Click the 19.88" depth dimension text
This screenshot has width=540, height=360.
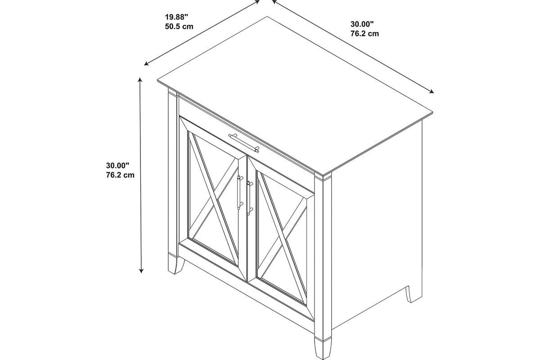click(x=176, y=17)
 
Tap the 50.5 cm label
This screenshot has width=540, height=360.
click(x=179, y=26)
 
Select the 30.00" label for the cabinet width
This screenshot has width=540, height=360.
click(x=362, y=24)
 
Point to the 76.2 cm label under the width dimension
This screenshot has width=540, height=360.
click(x=365, y=33)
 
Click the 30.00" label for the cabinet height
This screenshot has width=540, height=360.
click(x=117, y=166)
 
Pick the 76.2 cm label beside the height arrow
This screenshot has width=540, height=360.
click(x=120, y=175)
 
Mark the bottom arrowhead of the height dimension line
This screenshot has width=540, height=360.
click(x=141, y=270)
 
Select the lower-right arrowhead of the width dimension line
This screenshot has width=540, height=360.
click(x=431, y=91)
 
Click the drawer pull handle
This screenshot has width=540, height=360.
click(x=244, y=143)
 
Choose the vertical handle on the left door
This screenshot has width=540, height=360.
click(x=239, y=192)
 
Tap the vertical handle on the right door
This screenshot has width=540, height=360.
click(x=249, y=198)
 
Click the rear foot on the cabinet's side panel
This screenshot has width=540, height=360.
click(x=414, y=294)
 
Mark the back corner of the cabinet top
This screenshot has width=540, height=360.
click(x=267, y=17)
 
